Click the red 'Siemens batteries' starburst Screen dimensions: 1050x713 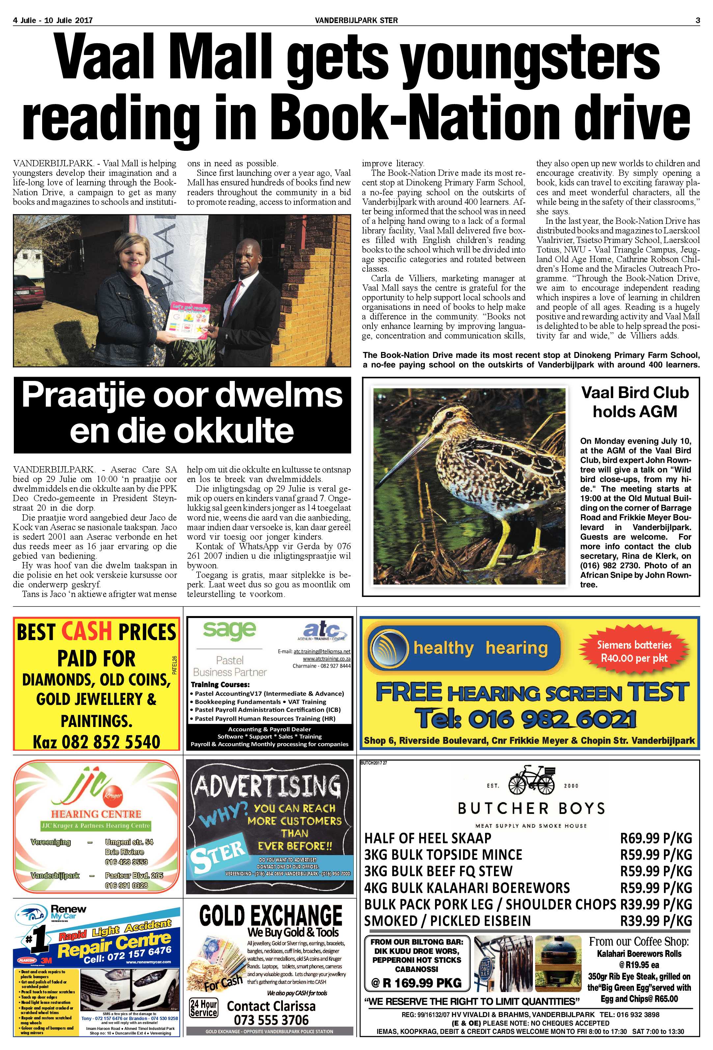click(634, 651)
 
